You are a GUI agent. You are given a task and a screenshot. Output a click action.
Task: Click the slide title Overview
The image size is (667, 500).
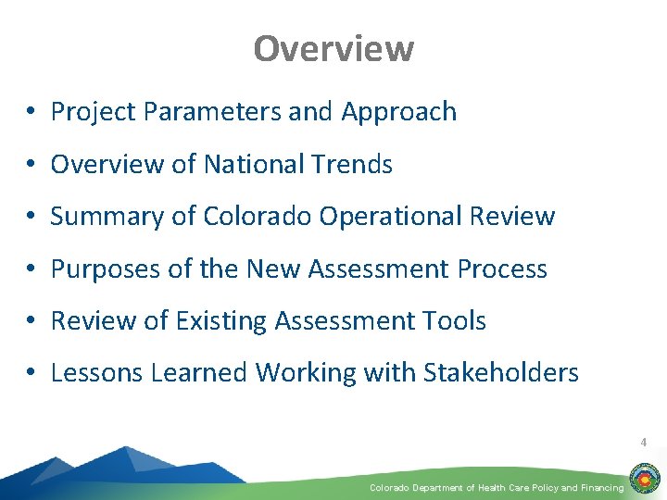click(x=333, y=48)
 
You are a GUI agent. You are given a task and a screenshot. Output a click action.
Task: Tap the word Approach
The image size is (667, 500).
click(x=399, y=112)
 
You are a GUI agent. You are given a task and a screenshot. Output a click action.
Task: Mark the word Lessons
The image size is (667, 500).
click(x=93, y=373)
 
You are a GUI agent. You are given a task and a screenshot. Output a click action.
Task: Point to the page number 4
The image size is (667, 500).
click(x=643, y=443)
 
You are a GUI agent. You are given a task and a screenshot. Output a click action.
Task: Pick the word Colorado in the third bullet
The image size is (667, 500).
click(x=257, y=217)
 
